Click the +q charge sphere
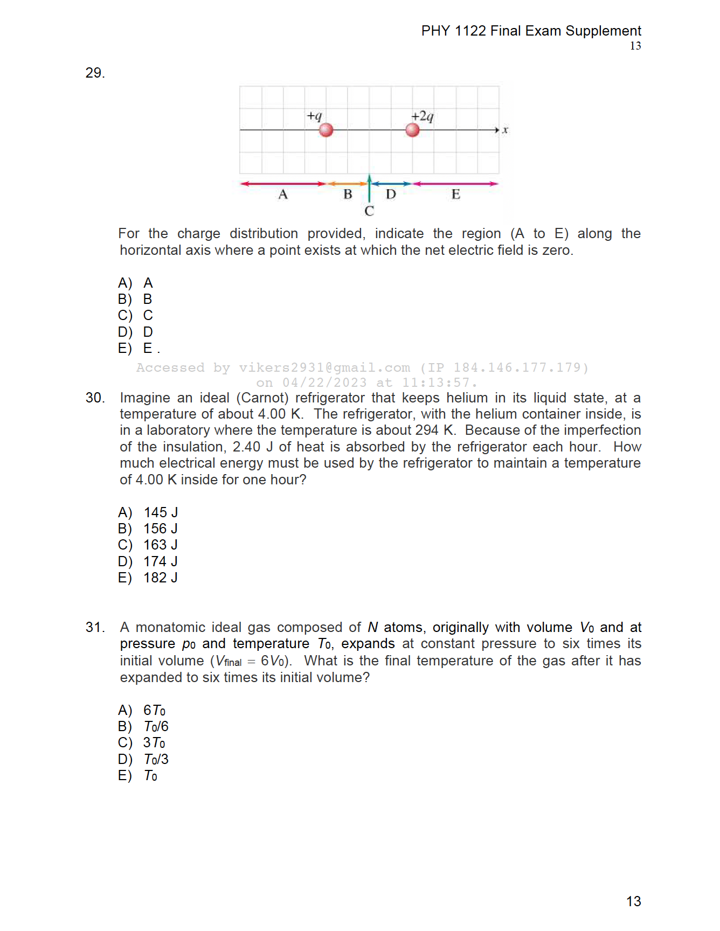click(326, 130)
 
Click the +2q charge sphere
click(412, 130)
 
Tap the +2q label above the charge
click(423, 116)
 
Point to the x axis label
click(506, 130)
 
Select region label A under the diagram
click(283, 194)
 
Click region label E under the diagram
click(456, 194)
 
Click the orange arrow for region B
click(348, 184)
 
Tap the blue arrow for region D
click(391, 184)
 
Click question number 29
click(95, 73)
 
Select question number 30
click(95, 398)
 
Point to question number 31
click(95, 627)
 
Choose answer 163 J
click(160, 545)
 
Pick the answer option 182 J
click(160, 578)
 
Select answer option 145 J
click(161, 512)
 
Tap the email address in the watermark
click(324, 367)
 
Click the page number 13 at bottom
click(634, 901)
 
